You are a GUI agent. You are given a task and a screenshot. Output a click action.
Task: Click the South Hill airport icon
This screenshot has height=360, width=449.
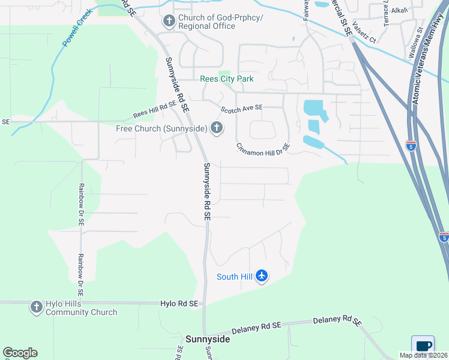[261, 276]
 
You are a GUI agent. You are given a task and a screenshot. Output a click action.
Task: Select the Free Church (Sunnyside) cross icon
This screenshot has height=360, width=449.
[217, 128]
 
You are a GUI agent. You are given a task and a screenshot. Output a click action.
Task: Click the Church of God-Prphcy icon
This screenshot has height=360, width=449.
[169, 22]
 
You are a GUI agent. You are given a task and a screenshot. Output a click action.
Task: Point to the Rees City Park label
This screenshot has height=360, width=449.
[226, 79]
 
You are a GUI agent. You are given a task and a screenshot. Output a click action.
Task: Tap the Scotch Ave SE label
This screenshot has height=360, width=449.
[241, 109]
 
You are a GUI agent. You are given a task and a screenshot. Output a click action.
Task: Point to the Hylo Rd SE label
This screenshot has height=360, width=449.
[179, 304]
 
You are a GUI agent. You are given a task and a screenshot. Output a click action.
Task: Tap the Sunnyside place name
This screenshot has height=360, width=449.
[207, 339]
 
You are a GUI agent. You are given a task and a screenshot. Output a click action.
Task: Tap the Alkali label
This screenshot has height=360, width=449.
[399, 10]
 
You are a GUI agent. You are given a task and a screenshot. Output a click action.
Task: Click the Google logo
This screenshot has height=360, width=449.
[20, 353]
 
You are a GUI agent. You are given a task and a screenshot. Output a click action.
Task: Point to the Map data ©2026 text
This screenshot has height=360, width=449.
[423, 355]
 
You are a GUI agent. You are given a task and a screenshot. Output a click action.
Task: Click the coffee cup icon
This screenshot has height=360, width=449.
[423, 346]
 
